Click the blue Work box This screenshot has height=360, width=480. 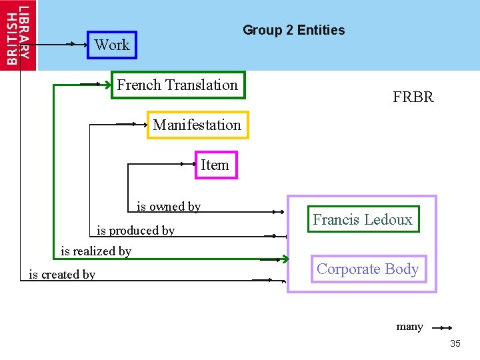click(112, 45)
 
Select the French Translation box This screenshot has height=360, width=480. click(177, 85)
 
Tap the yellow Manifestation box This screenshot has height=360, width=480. click(197, 125)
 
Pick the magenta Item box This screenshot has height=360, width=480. click(215, 165)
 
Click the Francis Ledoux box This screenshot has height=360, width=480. click(363, 219)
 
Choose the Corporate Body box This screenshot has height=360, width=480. click(367, 269)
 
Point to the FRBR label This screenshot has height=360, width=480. click(413, 97)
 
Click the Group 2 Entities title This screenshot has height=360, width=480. click(293, 30)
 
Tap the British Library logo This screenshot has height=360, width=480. click(19, 35)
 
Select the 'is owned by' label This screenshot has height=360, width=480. click(169, 207)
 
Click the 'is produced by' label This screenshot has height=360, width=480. click(136, 231)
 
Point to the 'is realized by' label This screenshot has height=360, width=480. click(96, 251)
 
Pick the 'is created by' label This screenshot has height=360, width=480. click(62, 274)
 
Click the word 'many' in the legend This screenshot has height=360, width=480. click(409, 327)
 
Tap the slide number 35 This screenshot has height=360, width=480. click(455, 343)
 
